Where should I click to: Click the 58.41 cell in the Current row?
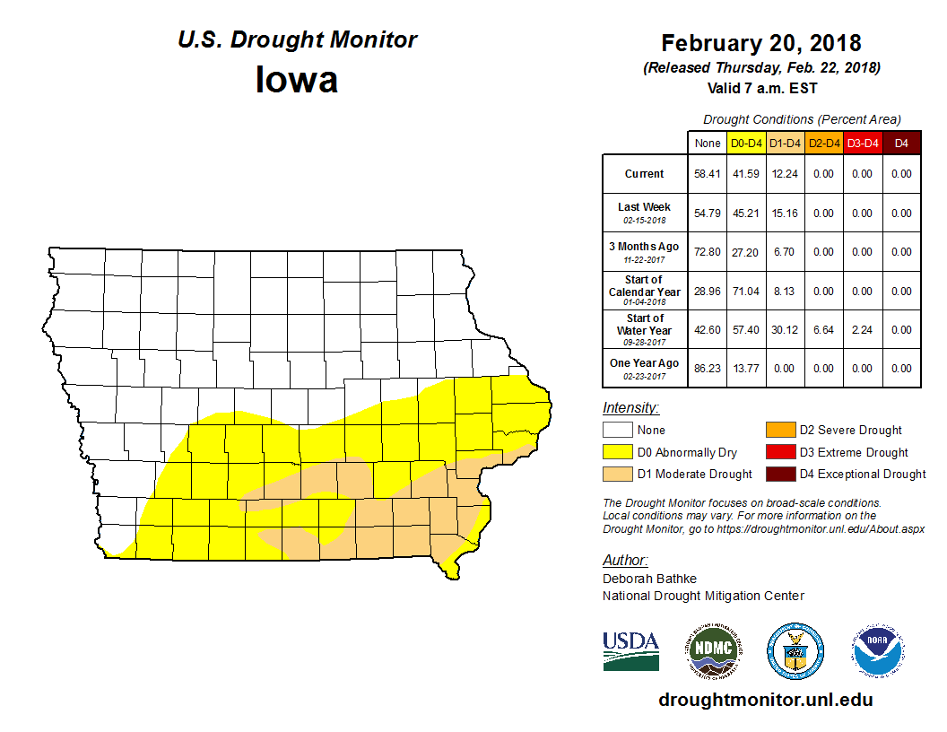point(707,174)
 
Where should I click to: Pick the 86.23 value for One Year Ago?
point(707,368)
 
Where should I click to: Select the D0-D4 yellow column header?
point(746,143)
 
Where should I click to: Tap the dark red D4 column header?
point(902,143)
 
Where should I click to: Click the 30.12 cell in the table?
point(785,329)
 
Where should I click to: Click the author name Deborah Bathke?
point(649,579)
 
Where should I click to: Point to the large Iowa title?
point(297,80)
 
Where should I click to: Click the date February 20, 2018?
point(761,43)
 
